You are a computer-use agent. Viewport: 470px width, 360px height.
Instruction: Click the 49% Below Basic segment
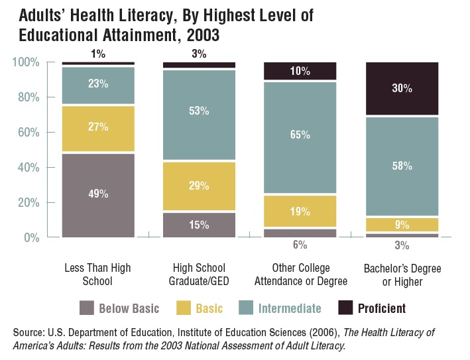tap(98, 195)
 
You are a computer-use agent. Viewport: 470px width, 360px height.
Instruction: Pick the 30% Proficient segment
tap(402, 89)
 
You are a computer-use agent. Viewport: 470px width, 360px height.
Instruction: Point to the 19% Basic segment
tap(300, 211)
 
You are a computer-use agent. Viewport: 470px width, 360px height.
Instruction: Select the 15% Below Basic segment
tap(199, 225)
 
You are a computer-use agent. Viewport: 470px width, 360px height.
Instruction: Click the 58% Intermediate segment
tap(402, 166)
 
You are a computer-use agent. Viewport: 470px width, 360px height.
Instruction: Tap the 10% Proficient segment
tap(300, 71)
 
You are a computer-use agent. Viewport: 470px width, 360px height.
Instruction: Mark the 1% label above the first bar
tap(98, 54)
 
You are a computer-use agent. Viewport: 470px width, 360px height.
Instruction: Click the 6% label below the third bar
tap(300, 245)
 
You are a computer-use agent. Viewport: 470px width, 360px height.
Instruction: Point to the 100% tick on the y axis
tap(26, 62)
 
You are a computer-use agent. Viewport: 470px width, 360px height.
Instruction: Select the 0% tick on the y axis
tap(32, 237)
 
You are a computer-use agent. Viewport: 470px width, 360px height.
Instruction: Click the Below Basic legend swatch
tap(86, 308)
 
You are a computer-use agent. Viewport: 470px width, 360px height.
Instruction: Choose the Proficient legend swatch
tap(346, 308)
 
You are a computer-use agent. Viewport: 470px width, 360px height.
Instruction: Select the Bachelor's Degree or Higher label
tap(402, 274)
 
